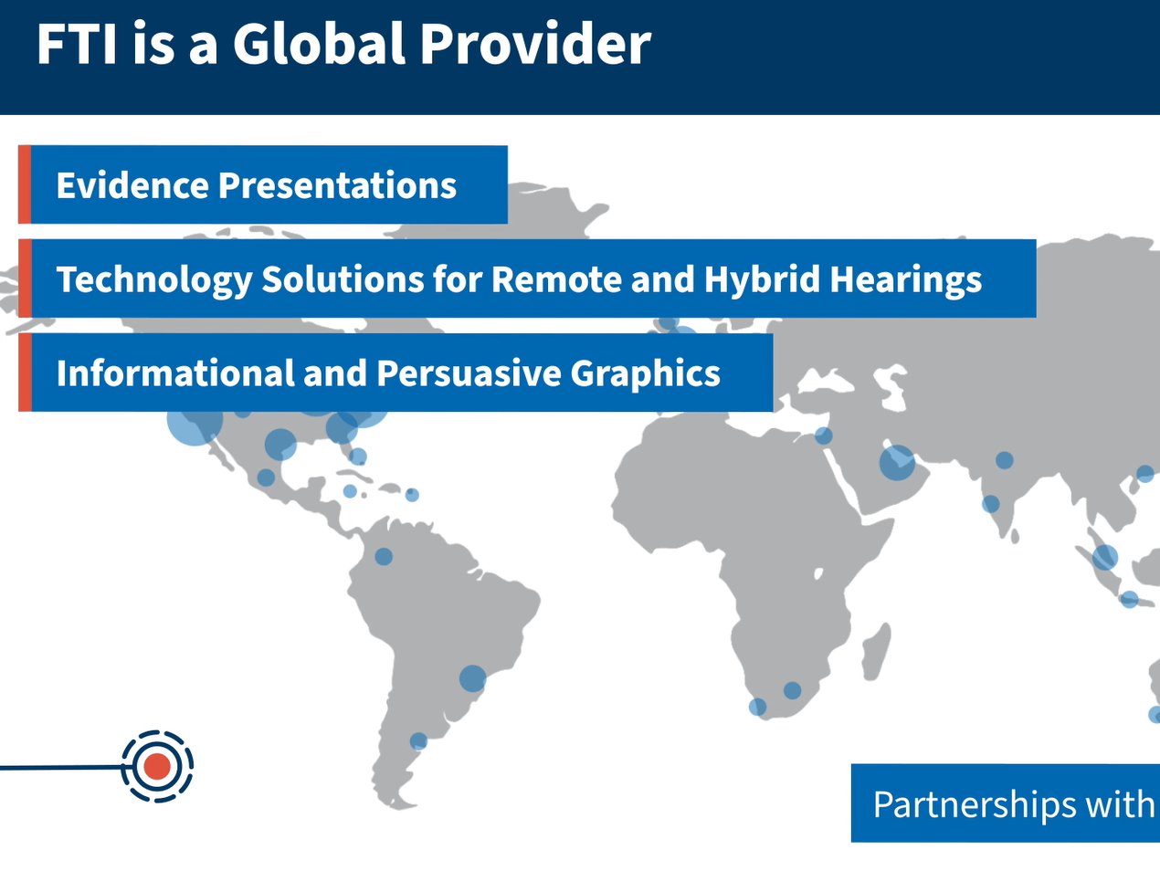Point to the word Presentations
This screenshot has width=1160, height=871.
coord(338,185)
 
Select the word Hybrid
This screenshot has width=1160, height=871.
coord(762,279)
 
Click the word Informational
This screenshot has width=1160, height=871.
coord(175,373)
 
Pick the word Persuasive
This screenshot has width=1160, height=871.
coord(469,373)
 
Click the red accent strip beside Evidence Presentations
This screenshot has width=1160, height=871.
coord(25,184)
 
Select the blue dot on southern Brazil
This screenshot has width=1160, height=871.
coord(472,678)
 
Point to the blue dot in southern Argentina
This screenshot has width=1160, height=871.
coord(418,741)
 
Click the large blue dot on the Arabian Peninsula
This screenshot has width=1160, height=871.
coord(897,463)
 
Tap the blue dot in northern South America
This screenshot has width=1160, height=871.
coord(384,556)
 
